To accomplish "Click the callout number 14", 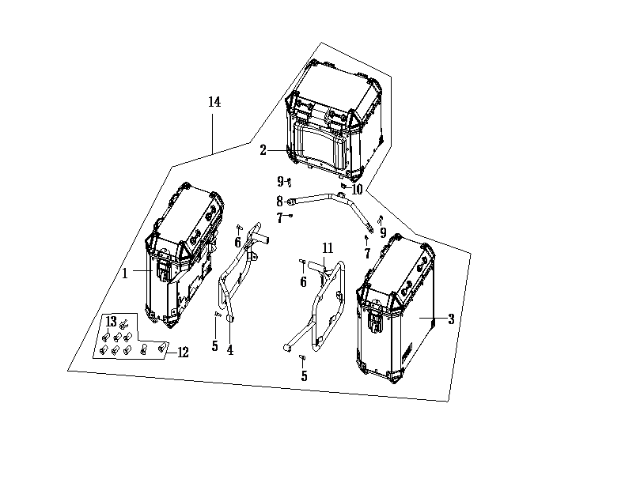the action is [214, 102].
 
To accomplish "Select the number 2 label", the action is [263, 150].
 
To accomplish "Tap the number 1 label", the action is [125, 273].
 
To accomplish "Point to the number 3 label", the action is [451, 319].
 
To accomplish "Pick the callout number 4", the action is [230, 350].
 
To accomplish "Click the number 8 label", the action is [279, 202].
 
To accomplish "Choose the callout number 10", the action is [357, 190].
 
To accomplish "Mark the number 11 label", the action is [328, 248].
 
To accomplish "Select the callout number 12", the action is [183, 353].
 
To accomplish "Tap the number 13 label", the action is [112, 322].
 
